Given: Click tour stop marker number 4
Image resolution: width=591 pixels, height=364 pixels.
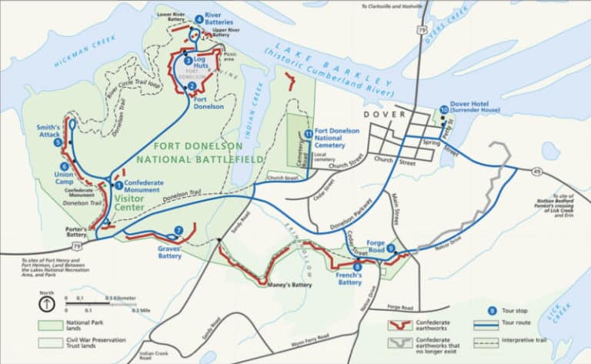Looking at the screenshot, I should (x=199, y=19).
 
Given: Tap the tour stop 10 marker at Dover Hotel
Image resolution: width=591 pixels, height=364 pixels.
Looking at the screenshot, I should (x=443, y=110).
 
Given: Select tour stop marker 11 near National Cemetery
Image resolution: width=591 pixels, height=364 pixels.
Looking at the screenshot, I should (x=309, y=134).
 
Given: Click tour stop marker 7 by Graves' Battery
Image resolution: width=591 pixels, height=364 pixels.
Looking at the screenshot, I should (x=178, y=229).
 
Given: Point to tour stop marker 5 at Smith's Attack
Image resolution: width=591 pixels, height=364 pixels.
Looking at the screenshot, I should (x=58, y=142).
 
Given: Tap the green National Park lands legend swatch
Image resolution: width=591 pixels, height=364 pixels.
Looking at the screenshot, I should (x=50, y=324).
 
